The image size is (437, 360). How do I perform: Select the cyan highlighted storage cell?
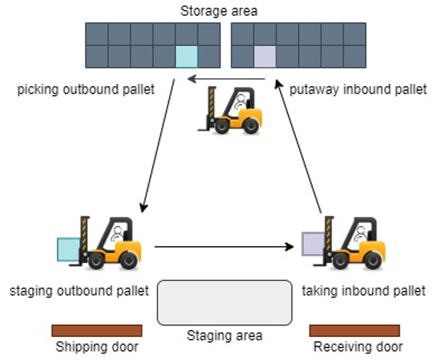186,57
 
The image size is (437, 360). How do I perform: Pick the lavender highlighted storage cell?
264,57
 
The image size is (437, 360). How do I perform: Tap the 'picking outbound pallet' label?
86,90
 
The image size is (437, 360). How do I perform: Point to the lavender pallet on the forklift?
314,244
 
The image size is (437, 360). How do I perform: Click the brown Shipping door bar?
97,330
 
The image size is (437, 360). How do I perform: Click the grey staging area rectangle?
224,302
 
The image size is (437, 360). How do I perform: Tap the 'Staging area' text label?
224,335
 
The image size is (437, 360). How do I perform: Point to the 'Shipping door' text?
97,347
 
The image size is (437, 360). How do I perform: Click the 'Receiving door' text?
354,347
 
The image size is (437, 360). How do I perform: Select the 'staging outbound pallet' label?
80,290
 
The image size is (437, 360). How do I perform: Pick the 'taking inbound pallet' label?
364,290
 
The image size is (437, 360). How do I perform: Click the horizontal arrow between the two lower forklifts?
225,247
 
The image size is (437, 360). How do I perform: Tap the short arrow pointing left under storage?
225,79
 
